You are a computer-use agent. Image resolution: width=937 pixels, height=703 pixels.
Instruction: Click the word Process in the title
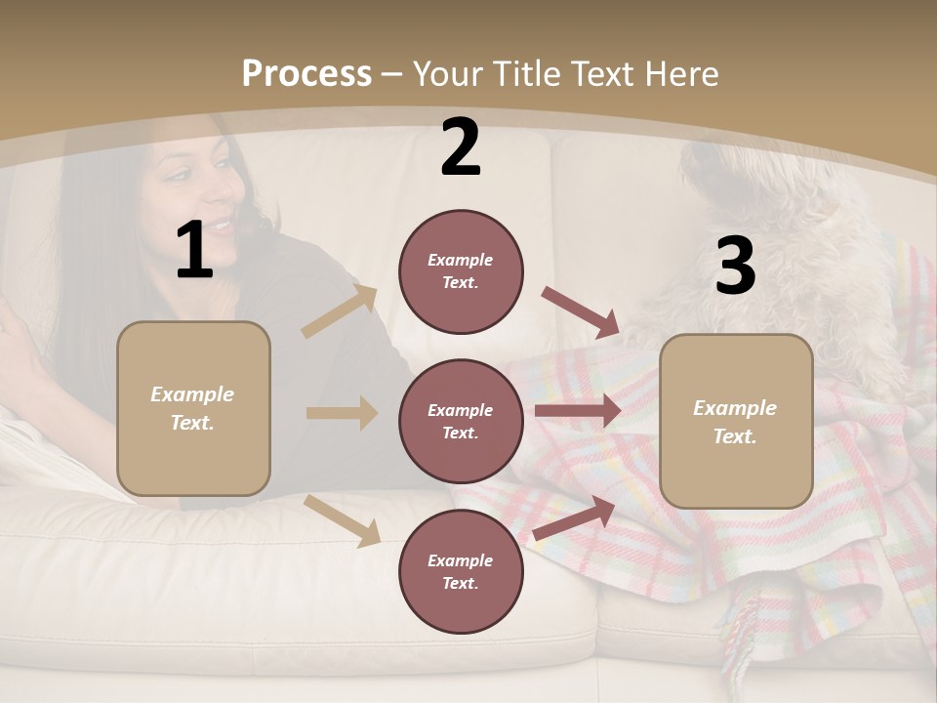(306, 74)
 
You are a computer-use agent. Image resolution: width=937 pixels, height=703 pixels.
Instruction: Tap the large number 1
(194, 250)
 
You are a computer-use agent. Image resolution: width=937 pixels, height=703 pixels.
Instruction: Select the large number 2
(461, 147)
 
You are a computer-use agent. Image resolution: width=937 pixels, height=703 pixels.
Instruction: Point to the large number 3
(735, 266)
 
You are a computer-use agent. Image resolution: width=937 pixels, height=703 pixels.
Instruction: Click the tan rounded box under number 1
(193, 408)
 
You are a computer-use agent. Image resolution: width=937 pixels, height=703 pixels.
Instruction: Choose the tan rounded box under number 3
(736, 421)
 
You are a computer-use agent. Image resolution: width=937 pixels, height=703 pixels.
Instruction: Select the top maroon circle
(461, 271)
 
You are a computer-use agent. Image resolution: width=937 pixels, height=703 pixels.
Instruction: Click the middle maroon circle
(461, 421)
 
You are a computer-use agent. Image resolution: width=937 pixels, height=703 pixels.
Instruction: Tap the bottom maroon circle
(461, 571)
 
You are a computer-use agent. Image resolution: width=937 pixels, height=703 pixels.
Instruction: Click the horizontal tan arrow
(342, 413)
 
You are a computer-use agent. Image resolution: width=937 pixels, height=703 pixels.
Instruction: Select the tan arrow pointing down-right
(343, 520)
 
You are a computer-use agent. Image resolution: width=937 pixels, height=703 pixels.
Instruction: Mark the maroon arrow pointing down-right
(580, 311)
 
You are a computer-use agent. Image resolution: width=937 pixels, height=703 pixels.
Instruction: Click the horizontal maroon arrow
(577, 411)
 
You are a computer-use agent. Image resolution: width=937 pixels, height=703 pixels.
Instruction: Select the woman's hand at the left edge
(18, 342)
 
